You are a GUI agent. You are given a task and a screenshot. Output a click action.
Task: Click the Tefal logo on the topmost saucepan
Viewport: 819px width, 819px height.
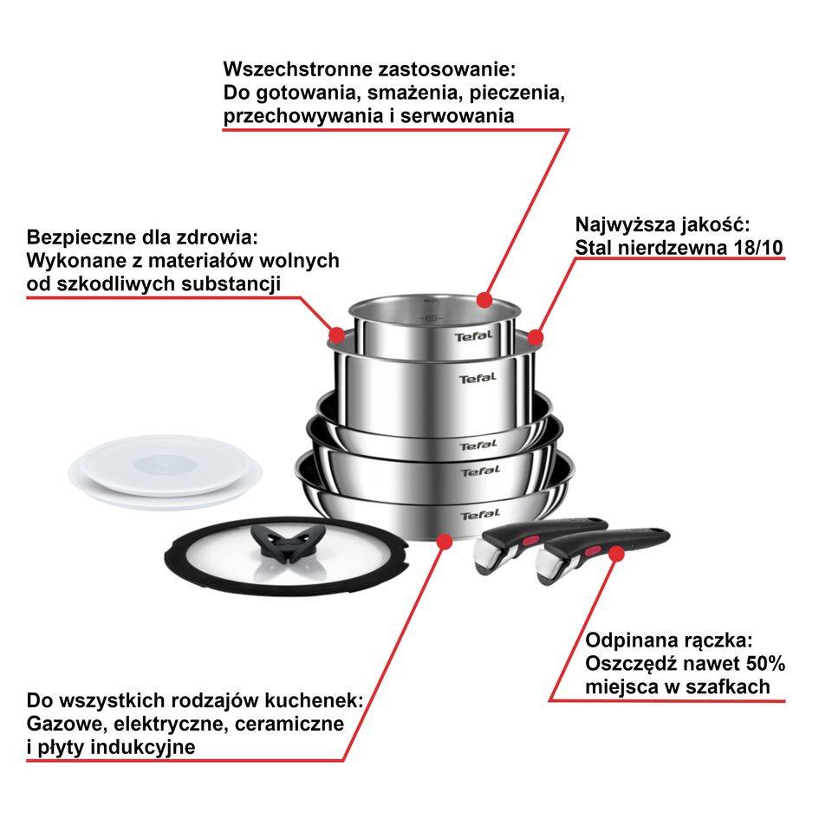(x=473, y=335)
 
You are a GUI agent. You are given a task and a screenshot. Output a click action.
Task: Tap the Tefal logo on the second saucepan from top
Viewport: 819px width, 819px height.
(x=478, y=378)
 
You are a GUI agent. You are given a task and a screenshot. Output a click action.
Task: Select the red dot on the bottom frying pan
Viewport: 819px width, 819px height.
(x=445, y=542)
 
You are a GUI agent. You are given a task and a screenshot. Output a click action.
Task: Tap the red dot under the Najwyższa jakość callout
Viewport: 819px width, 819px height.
(x=535, y=336)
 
